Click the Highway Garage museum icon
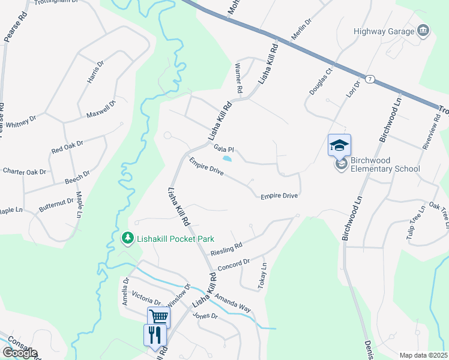click(x=424, y=31)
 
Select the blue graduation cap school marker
click(x=339, y=145)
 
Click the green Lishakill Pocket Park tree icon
click(x=127, y=239)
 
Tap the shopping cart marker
click(x=159, y=316)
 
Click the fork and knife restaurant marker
click(x=155, y=334)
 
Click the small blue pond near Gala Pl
click(x=228, y=159)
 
